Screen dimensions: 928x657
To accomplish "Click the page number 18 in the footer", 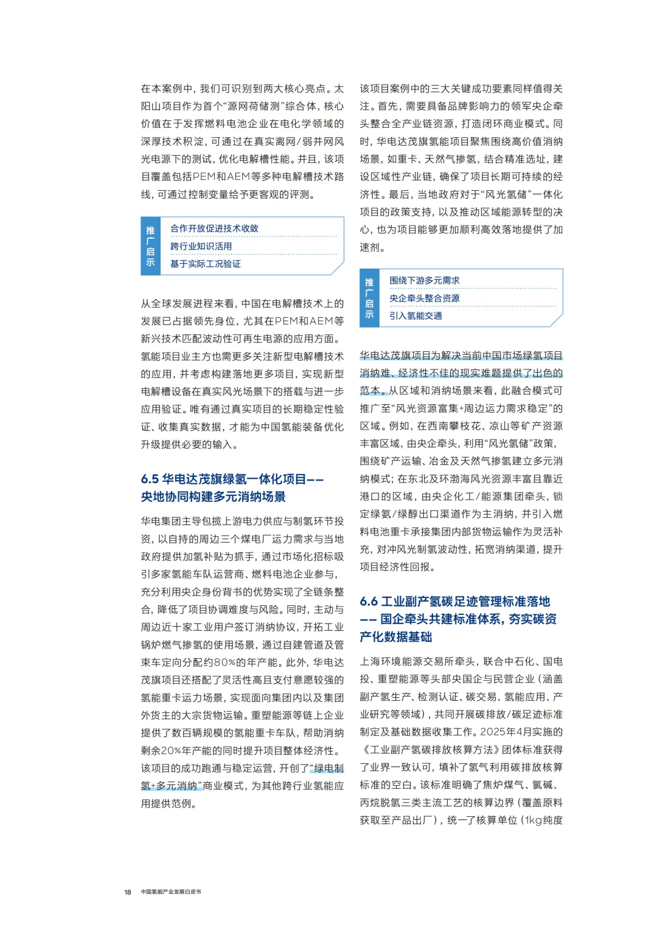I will pos(128,892).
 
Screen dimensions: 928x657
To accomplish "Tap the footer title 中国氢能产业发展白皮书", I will pos(171,892).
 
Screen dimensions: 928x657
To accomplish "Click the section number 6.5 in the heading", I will pos(150,479).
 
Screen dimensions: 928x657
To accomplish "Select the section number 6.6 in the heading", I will pos(369,602).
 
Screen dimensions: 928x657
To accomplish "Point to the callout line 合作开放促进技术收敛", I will pos(214,229).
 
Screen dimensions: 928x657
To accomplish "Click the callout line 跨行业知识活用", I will pos(201,246).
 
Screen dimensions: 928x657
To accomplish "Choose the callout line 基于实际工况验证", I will pos(205,264).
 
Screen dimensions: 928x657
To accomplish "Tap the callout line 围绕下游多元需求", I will pos(424,280).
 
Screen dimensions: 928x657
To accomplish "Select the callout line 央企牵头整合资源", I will pos(424,298).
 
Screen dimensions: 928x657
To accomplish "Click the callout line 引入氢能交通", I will pos(415,315).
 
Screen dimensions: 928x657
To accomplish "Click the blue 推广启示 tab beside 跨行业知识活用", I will pos(150,246).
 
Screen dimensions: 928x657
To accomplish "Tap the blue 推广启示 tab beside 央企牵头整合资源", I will pos(369,298).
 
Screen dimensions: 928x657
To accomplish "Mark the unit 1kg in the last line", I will pos(534,820).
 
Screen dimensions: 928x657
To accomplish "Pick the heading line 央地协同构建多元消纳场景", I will pos(213,497).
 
